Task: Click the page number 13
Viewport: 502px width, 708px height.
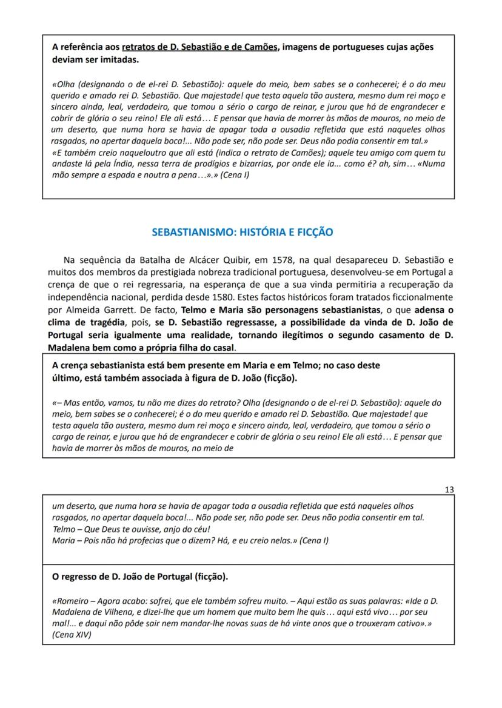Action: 449,489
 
